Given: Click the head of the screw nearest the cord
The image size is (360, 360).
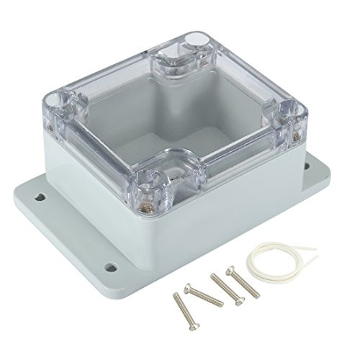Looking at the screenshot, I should click(x=230, y=271).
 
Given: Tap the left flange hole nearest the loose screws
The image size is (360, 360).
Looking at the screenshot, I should click(x=110, y=268).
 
